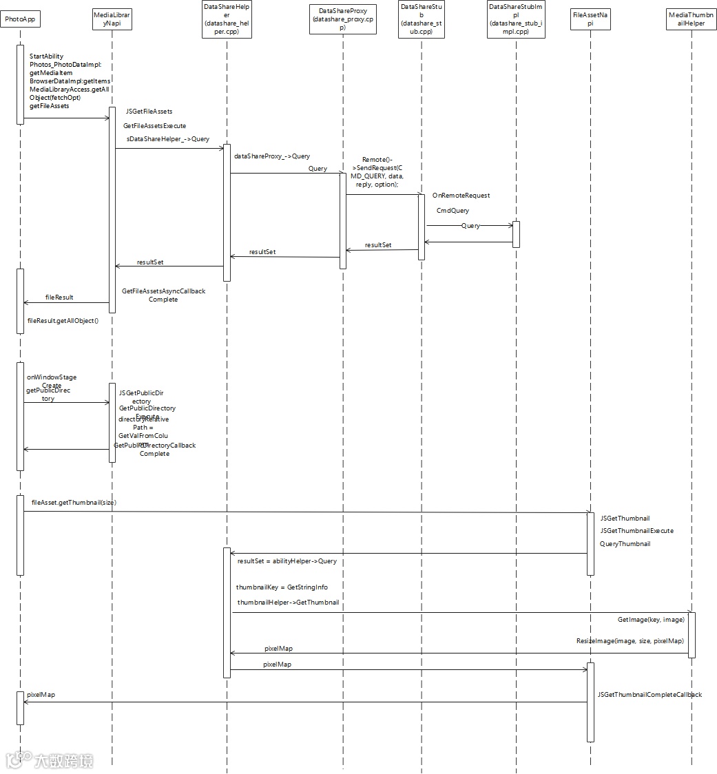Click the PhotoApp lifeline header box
pyautogui.click(x=19, y=19)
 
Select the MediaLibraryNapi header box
pyautogui.click(x=112, y=19)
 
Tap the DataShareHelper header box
pyautogui.click(x=227, y=19)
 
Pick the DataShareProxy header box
pyautogui.click(x=342, y=19)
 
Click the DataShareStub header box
pyautogui.click(x=422, y=19)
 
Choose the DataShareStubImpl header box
pyautogui.click(x=516, y=19)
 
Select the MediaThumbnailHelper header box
pyautogui.click(x=692, y=19)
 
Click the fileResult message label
pyautogui.click(x=59, y=297)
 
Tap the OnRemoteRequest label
pyautogui.click(x=461, y=196)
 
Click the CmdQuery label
pyautogui.click(x=453, y=211)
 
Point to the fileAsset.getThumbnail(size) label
pyautogui.click(x=74, y=503)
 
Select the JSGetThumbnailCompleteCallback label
pyautogui.click(x=650, y=695)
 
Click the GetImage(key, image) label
pyautogui.click(x=651, y=620)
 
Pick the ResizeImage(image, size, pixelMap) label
pyautogui.click(x=630, y=641)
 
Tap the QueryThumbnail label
pyautogui.click(x=625, y=543)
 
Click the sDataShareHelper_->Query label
pyautogui.click(x=167, y=139)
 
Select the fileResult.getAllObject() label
pyautogui.click(x=63, y=321)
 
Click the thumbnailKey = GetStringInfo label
pyautogui.click(x=282, y=587)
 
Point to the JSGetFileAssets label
pyautogui.click(x=149, y=112)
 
